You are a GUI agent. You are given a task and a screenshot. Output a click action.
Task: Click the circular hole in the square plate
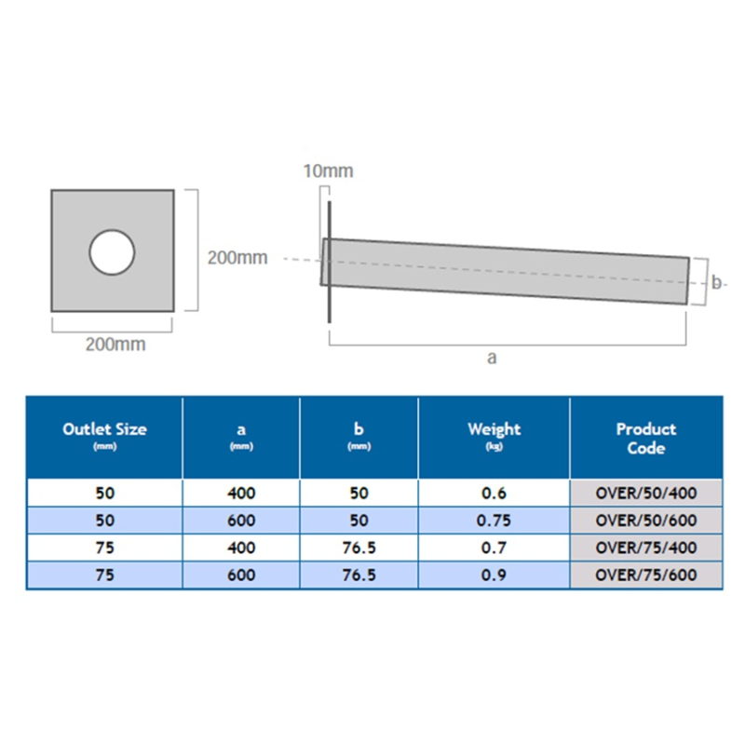click(112, 251)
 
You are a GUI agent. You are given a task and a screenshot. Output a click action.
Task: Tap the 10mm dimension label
click(329, 171)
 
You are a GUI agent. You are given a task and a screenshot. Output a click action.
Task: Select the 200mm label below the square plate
click(115, 345)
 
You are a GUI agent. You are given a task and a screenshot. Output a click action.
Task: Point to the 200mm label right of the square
click(237, 258)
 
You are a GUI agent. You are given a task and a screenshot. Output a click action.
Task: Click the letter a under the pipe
click(492, 359)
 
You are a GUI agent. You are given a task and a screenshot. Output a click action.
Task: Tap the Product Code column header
click(645, 439)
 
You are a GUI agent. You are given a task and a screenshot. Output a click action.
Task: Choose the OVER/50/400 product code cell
click(645, 494)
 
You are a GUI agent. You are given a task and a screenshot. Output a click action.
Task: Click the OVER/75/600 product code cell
click(645, 576)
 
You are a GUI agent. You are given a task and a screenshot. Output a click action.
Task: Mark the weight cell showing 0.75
click(494, 521)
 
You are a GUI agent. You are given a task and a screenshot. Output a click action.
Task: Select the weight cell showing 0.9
click(494, 576)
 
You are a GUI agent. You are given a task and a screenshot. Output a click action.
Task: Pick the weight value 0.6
click(494, 494)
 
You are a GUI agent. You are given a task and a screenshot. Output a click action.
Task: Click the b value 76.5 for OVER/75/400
click(359, 549)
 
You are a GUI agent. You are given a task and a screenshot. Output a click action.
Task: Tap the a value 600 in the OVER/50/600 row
click(240, 521)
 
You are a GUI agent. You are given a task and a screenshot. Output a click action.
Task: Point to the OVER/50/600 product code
click(645, 521)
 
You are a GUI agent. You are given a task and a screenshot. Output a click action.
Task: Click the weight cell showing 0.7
click(494, 549)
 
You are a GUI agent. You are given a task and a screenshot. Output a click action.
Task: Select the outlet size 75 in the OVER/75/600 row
click(104, 576)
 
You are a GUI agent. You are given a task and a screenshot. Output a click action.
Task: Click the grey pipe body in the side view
click(508, 271)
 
